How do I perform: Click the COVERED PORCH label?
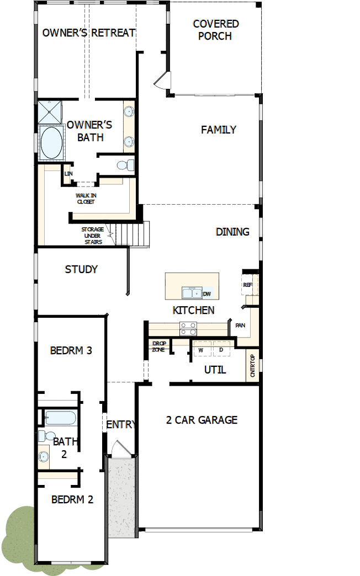(215, 30)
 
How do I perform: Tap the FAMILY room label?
(219, 130)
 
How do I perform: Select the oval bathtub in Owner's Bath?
(51, 142)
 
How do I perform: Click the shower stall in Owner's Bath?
(50, 112)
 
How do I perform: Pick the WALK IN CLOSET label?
(86, 199)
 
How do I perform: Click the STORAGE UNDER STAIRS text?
(93, 236)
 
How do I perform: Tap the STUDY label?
(81, 269)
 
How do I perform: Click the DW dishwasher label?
(207, 294)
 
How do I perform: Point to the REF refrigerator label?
(247, 285)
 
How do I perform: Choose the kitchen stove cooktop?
(188, 328)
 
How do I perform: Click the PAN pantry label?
(240, 325)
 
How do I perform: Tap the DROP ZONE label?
(159, 346)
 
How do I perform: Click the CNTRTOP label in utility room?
(252, 365)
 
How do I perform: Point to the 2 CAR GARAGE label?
(202, 420)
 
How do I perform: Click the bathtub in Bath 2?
(61, 418)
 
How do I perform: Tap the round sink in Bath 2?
(44, 456)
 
